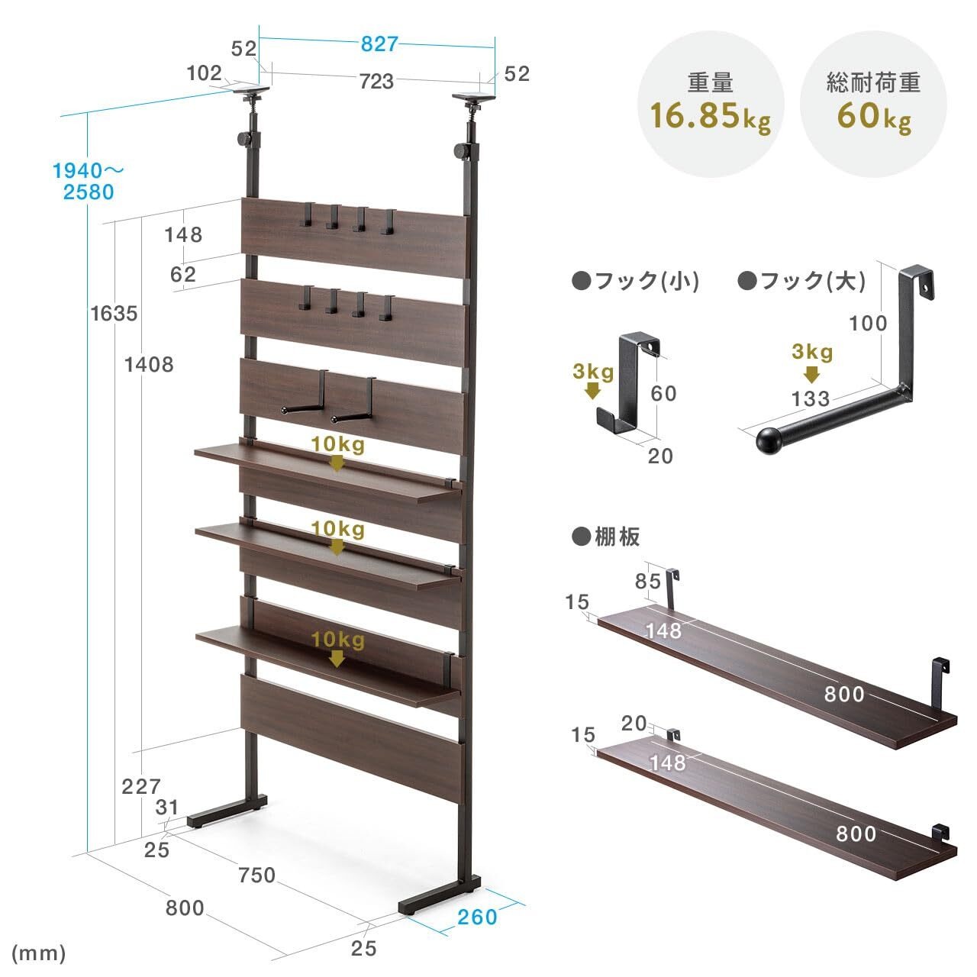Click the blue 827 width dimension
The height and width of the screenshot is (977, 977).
point(379,44)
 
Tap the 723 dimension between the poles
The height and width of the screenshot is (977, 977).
point(377,81)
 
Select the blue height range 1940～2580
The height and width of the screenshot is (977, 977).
point(89,182)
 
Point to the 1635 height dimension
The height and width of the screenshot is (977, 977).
point(114,314)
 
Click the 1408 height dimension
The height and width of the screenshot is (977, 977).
point(149,364)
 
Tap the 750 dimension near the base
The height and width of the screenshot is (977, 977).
point(257,875)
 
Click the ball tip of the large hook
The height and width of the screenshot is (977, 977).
point(769,440)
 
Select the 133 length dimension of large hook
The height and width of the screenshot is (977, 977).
point(811,398)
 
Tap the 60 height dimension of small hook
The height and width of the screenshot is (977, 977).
point(663,393)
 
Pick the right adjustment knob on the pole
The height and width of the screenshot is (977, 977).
point(462,150)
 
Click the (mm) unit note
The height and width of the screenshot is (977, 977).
point(38,953)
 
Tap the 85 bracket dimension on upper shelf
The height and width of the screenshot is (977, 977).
point(648,581)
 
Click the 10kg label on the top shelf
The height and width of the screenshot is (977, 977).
point(337,445)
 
